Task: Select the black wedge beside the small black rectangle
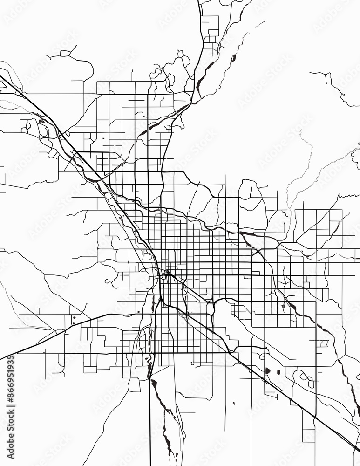click(268, 371)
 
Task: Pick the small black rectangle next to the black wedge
click(278, 372)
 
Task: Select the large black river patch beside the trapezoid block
click(154, 384)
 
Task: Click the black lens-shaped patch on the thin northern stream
click(233, 58)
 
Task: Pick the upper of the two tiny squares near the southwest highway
click(73, 318)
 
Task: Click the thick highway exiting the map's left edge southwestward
click(28, 347)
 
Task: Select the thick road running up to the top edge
click(201, 28)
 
